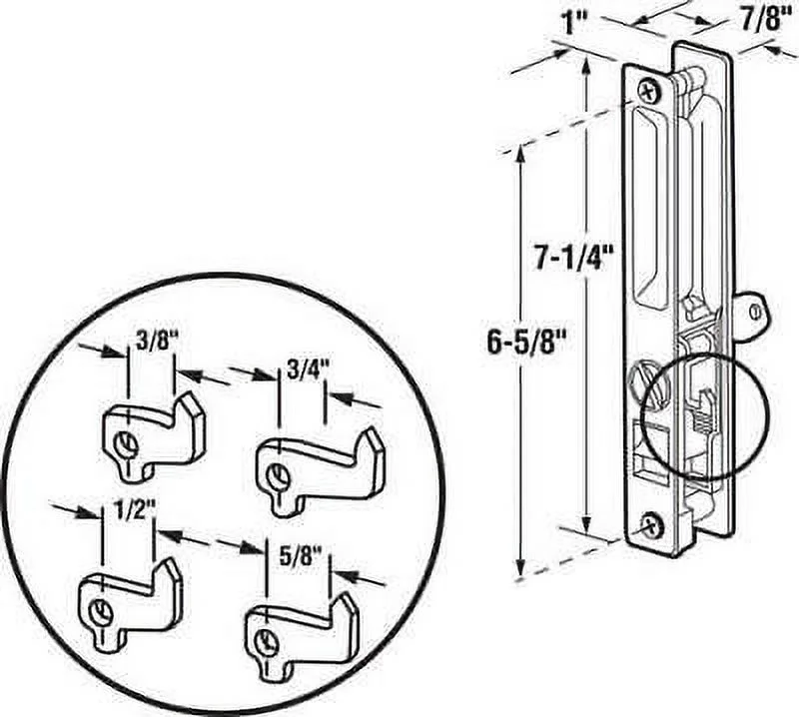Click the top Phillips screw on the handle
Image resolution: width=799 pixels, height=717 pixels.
(650, 91)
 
